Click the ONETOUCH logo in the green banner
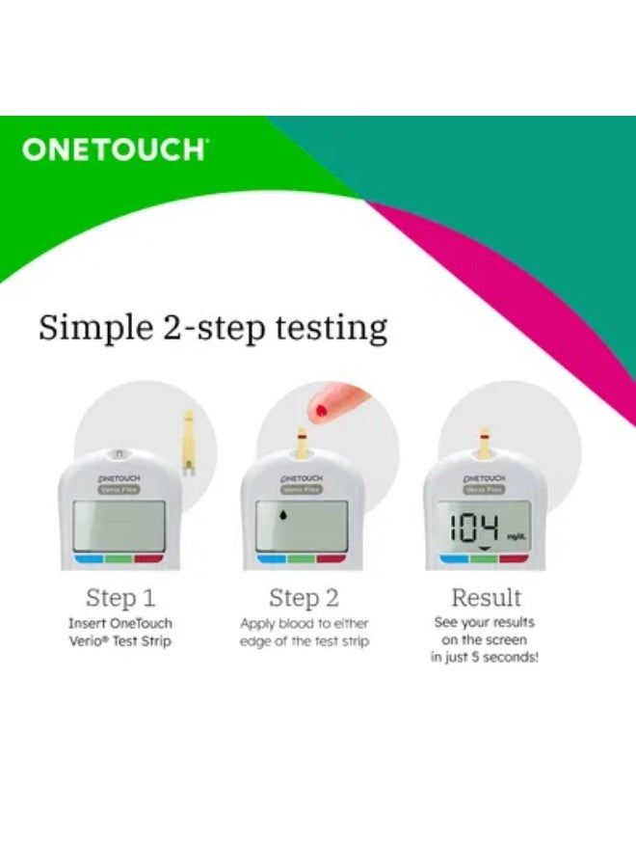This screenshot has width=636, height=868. click(114, 149)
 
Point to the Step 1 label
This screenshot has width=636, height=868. click(120, 597)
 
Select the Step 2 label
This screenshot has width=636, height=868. click(304, 597)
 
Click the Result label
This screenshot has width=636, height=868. click(487, 597)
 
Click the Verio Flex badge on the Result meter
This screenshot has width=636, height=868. click(486, 489)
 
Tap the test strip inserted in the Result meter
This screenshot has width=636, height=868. click(486, 446)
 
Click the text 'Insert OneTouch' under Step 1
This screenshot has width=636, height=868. click(120, 624)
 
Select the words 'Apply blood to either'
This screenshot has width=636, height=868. click(304, 624)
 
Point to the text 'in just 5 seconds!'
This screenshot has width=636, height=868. click(486, 658)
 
